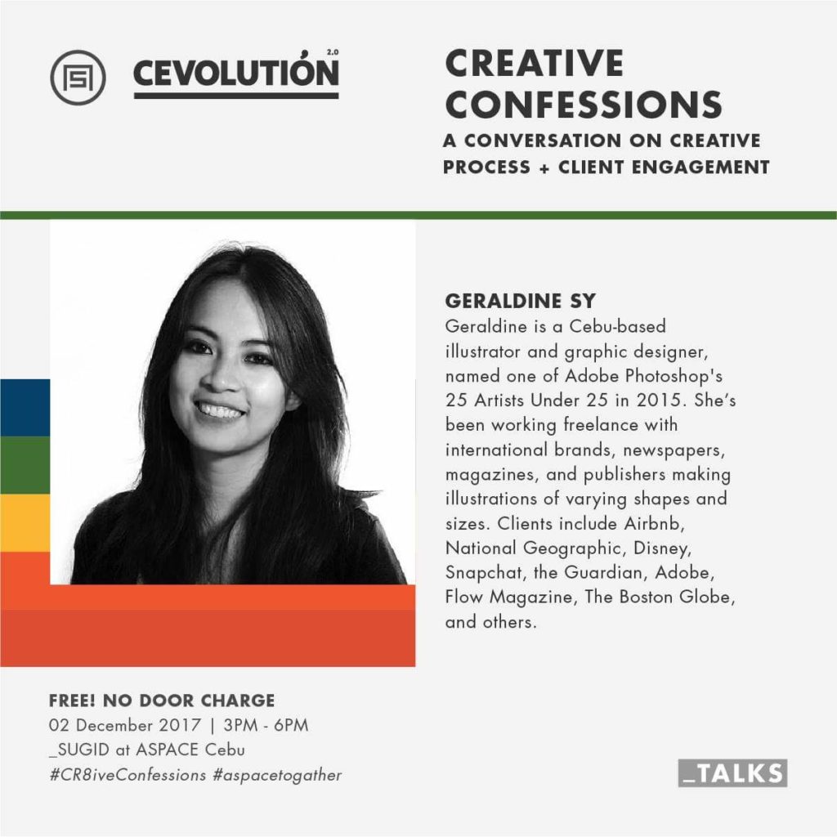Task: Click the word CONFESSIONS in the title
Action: coord(584,104)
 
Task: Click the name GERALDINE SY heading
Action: coord(521,301)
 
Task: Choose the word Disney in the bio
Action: coord(662,548)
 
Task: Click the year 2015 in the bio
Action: coord(660,401)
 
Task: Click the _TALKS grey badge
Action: coord(732,773)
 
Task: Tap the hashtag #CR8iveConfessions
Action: coord(128,775)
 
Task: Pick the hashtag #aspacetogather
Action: coord(277,775)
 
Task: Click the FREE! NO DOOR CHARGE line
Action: coord(162,700)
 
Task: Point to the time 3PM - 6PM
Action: coord(266,726)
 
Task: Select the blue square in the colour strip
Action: coord(25,408)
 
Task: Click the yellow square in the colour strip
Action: coord(25,523)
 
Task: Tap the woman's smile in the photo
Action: coord(219,410)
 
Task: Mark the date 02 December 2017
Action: coord(125,726)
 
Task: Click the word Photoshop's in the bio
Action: coord(674,376)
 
